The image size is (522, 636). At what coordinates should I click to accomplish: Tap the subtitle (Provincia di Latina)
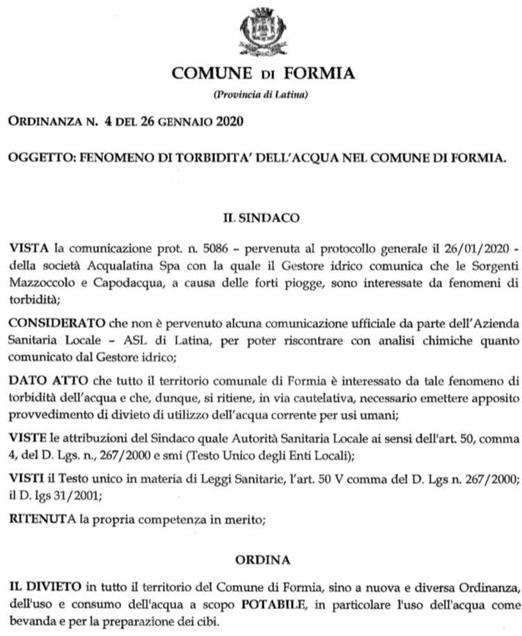click(x=261, y=94)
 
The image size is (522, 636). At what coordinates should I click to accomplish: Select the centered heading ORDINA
click(x=261, y=559)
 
